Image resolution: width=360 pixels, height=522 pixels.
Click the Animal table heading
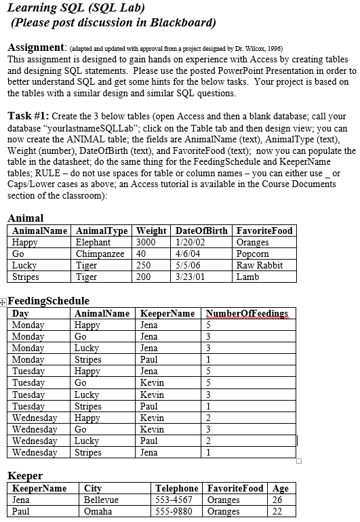[25, 218]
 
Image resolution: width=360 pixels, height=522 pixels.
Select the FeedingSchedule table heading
[48, 301]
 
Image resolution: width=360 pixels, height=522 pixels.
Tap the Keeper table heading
[25, 476]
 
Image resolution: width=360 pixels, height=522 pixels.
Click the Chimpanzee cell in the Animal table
[100, 254]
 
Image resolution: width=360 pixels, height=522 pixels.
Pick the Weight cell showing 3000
[146, 242]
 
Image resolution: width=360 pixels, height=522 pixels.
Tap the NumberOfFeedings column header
[247, 313]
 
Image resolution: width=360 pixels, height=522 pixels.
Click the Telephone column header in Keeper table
[177, 488]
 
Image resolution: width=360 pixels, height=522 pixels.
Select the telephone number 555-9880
[174, 511]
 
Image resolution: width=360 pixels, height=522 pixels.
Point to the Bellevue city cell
[101, 500]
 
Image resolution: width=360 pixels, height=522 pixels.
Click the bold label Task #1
[28, 115]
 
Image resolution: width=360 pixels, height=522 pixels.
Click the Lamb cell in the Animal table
[247, 277]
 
